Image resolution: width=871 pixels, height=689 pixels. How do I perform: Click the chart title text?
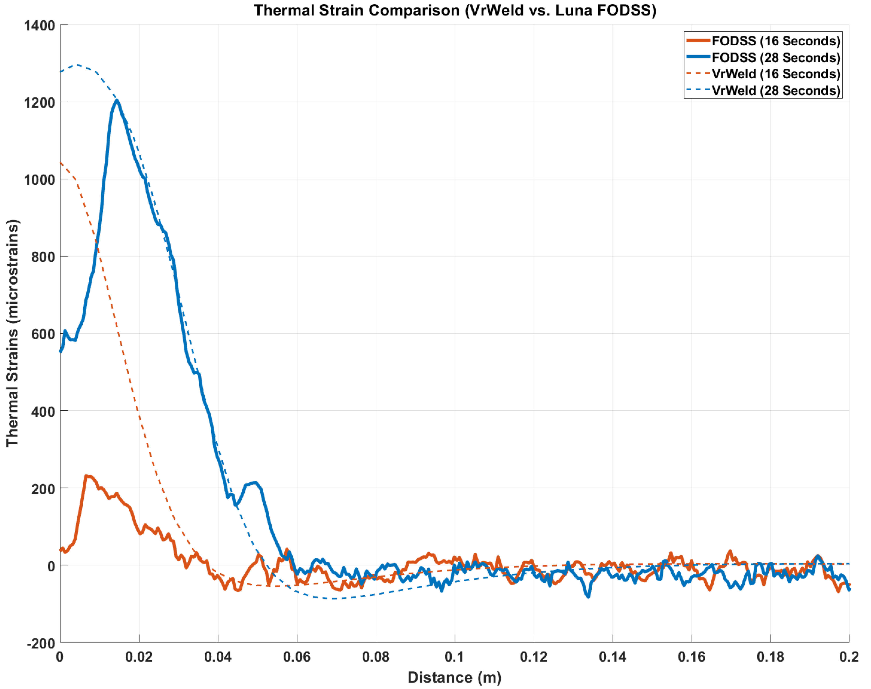click(455, 10)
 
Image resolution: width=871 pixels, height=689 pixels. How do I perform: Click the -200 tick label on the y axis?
click(40, 643)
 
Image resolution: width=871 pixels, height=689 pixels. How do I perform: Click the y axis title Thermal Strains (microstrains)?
click(12, 333)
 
